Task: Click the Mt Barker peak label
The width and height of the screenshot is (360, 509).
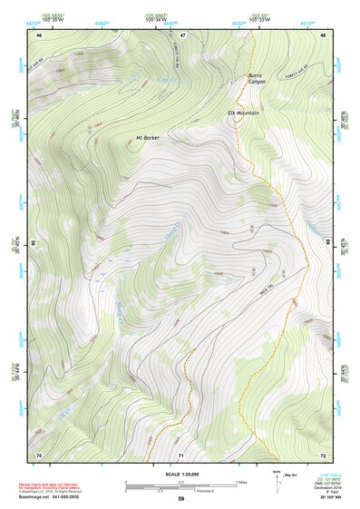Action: pyautogui.click(x=148, y=137)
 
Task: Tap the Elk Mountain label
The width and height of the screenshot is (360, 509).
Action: pyautogui.click(x=243, y=113)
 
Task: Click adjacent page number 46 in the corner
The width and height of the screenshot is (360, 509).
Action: pyautogui.click(x=39, y=34)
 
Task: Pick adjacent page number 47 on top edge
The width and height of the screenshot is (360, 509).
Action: pyautogui.click(x=182, y=34)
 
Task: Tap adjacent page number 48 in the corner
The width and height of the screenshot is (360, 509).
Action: pyautogui.click(x=323, y=34)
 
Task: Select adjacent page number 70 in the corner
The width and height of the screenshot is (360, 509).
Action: pyautogui.click(x=39, y=454)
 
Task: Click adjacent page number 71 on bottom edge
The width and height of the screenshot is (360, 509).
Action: pyautogui.click(x=180, y=454)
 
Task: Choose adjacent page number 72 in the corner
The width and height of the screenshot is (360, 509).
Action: pyautogui.click(x=323, y=454)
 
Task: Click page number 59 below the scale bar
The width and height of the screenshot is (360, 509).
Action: pyautogui.click(x=180, y=498)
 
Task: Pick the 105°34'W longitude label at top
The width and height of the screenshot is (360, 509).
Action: pyautogui.click(x=160, y=17)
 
